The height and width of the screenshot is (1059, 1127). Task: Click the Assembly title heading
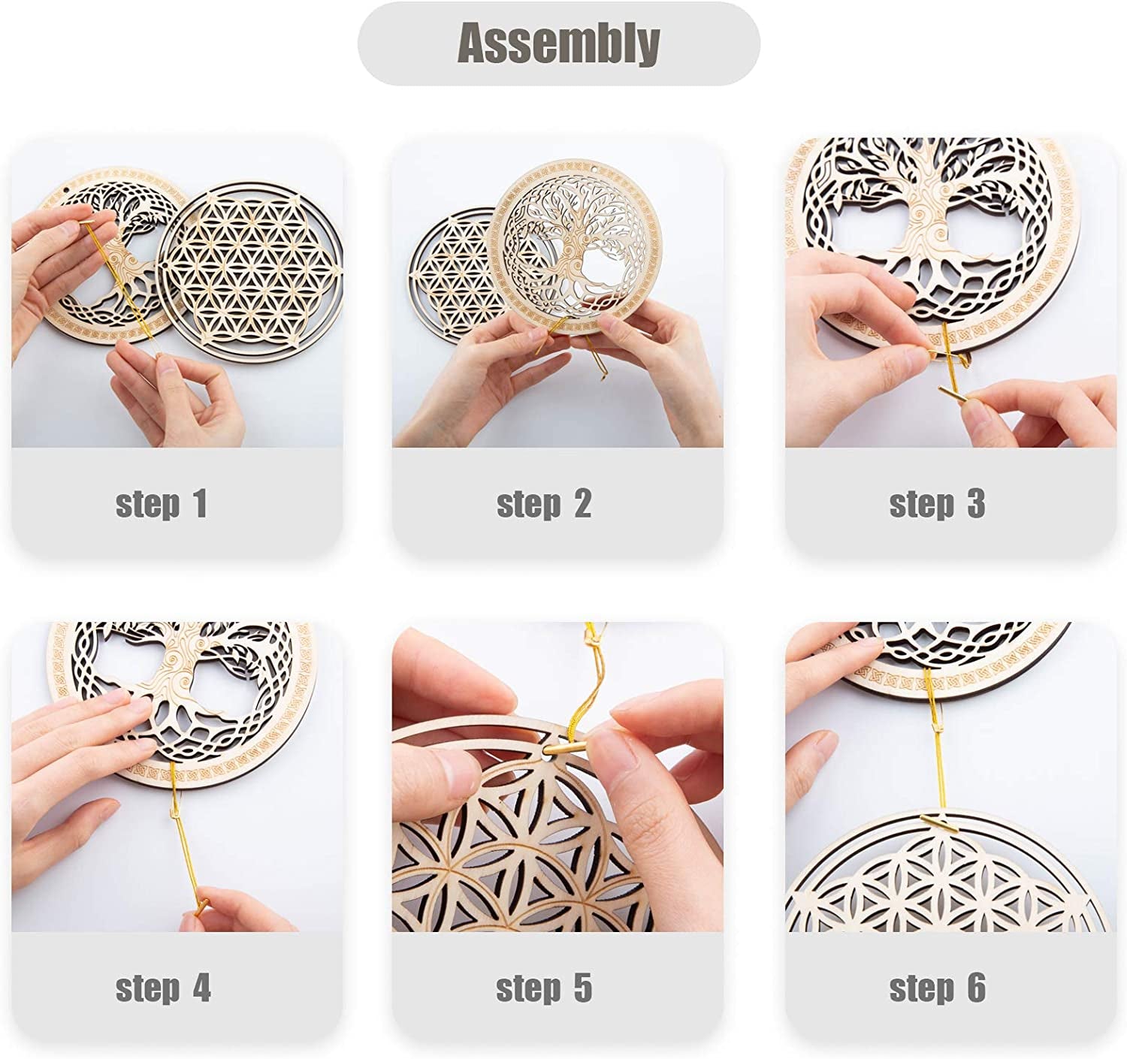(x=558, y=43)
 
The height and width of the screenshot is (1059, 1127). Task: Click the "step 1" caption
(x=162, y=504)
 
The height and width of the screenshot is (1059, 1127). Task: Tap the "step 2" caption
(x=544, y=504)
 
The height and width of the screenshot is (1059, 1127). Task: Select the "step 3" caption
(x=937, y=504)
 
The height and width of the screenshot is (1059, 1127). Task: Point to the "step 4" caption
(x=163, y=988)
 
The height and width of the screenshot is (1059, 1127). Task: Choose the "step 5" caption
(x=544, y=988)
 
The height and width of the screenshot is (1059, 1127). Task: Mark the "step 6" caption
(x=937, y=988)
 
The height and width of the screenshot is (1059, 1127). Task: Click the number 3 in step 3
(x=976, y=504)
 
